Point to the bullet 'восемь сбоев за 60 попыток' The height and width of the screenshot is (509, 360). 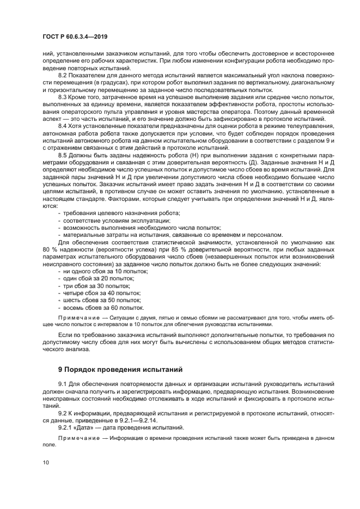click(x=98, y=308)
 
